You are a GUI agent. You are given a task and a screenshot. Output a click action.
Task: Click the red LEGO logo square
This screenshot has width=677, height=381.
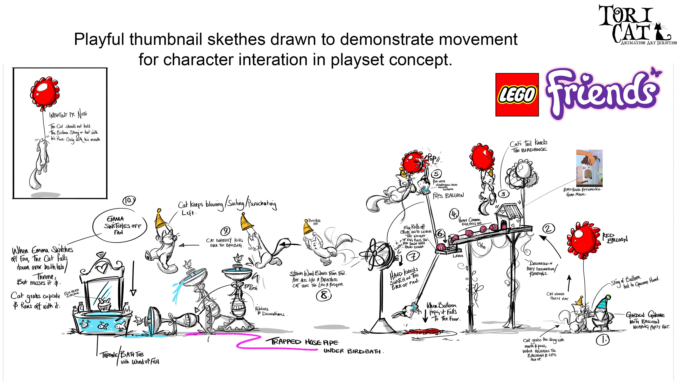[517, 95]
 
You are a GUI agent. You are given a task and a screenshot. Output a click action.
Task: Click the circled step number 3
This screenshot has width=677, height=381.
[503, 194]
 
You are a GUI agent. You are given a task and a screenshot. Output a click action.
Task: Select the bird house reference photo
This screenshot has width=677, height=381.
[589, 168]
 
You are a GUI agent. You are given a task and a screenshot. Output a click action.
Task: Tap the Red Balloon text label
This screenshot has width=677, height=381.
[614, 237]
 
